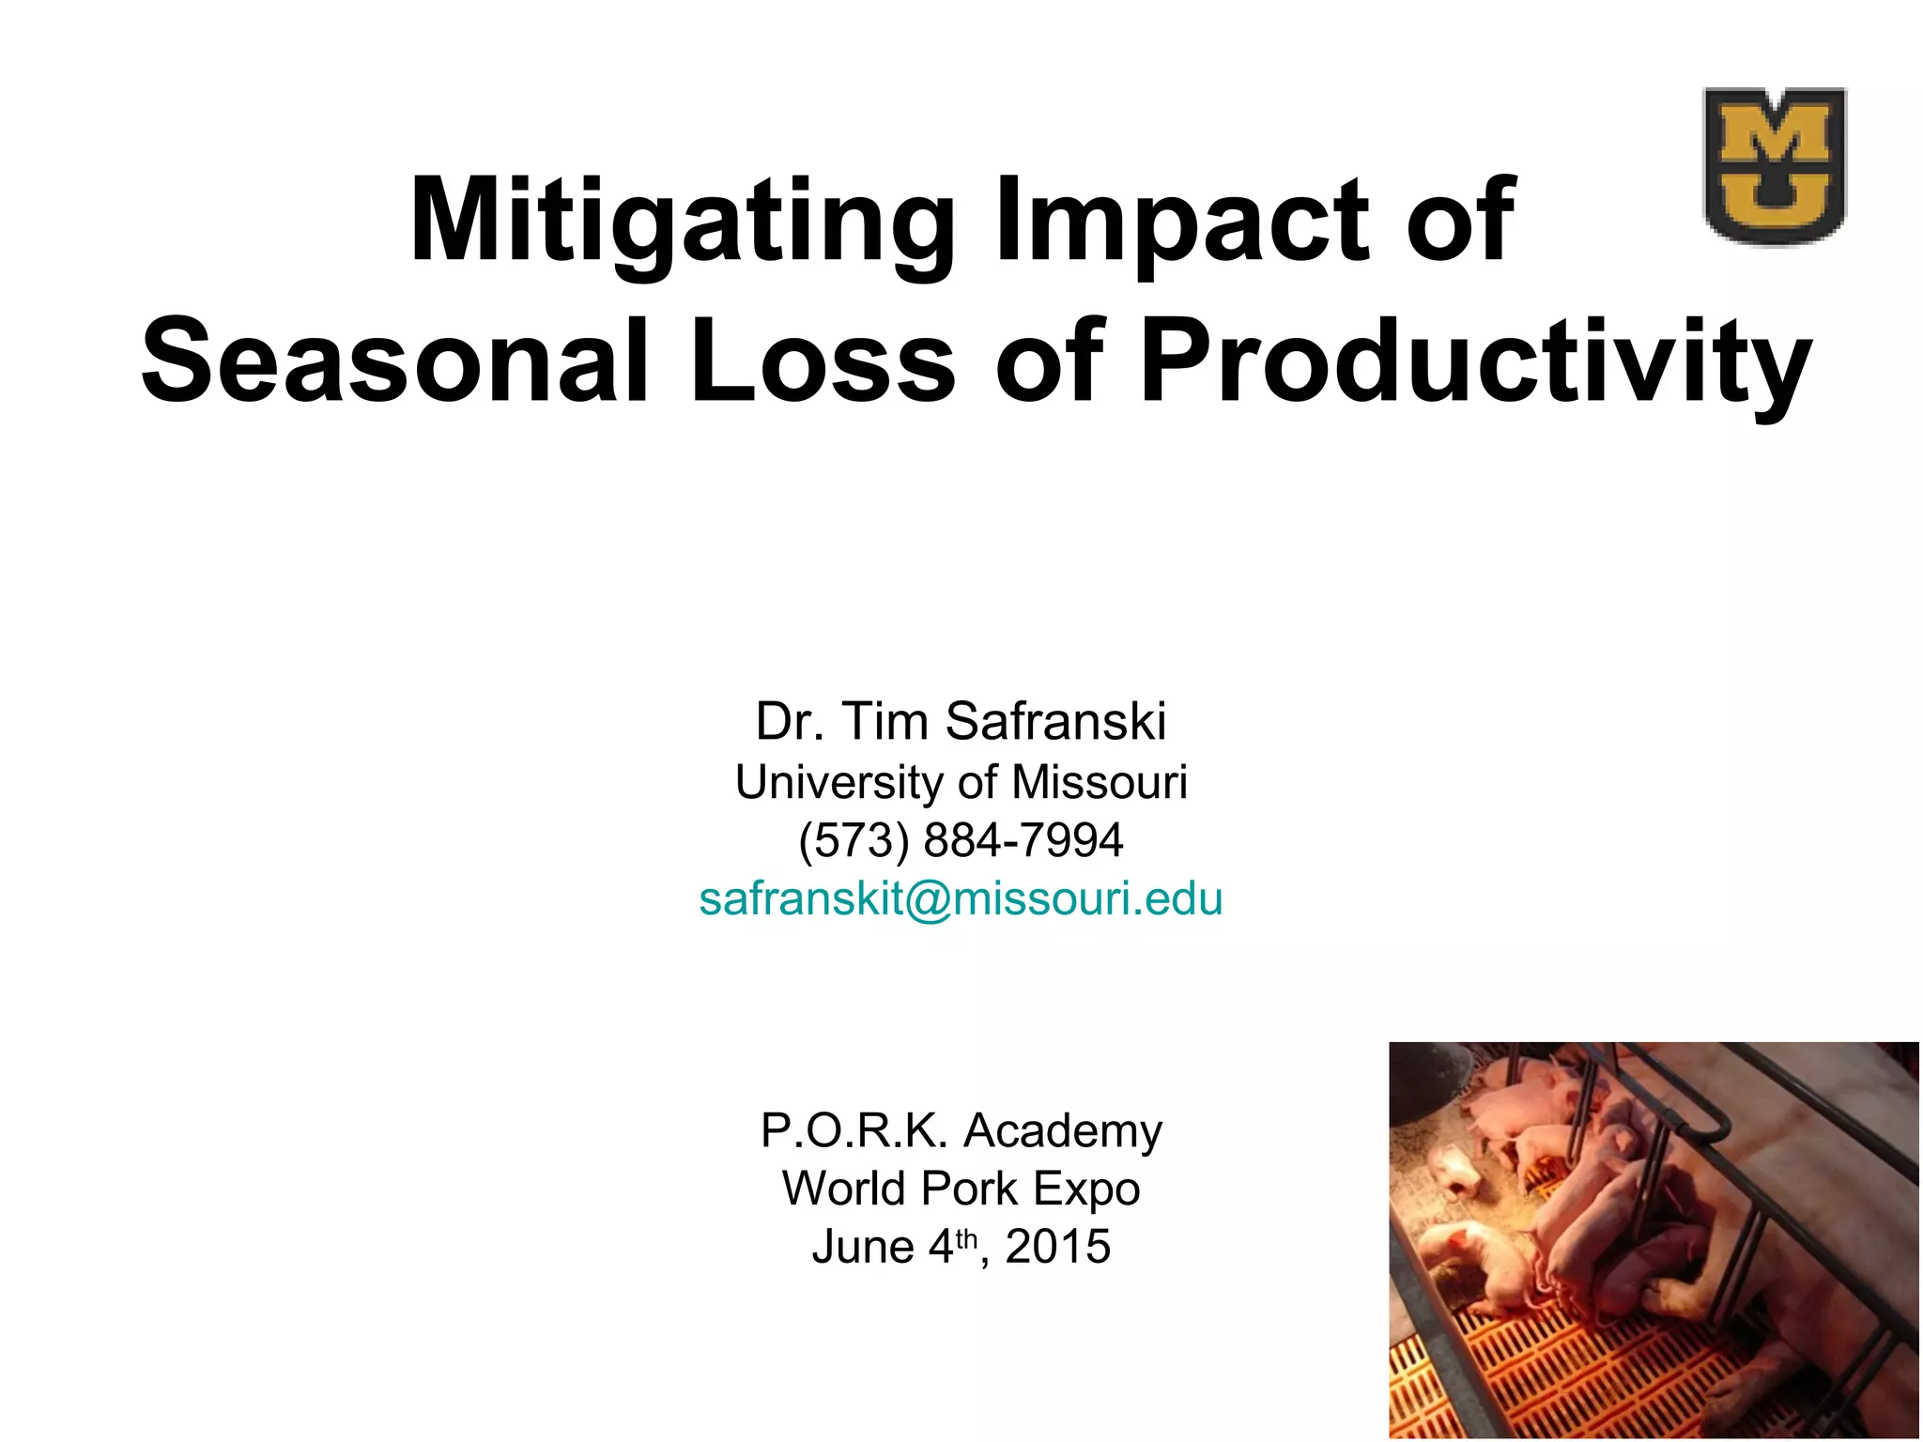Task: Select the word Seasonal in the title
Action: tap(395, 361)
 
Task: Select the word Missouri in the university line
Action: tap(1100, 782)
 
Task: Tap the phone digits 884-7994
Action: tap(1023, 840)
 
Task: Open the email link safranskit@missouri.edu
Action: tap(961, 898)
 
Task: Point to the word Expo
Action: tap(1086, 1190)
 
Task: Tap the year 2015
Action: tap(1057, 1247)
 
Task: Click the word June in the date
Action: tap(863, 1247)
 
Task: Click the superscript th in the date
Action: tap(967, 1239)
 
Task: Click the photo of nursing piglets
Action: tap(1653, 1239)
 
